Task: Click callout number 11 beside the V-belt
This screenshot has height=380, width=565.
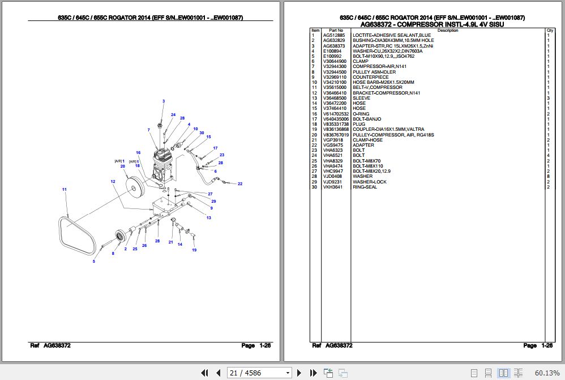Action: (x=65, y=189)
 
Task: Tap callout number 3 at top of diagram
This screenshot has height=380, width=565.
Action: (x=163, y=101)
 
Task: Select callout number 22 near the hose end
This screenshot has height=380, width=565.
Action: (x=239, y=184)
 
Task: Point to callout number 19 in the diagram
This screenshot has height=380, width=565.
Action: (x=194, y=250)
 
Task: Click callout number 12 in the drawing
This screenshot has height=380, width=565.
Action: (x=113, y=181)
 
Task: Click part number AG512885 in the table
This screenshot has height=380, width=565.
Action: (x=332, y=36)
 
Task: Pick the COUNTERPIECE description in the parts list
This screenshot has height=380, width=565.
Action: (x=370, y=77)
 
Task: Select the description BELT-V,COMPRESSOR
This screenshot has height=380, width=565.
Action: (x=377, y=88)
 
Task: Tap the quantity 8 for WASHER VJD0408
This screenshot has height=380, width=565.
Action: (x=549, y=176)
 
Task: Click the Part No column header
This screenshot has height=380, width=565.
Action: (x=336, y=31)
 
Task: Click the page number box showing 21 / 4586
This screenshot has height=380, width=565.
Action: (x=259, y=373)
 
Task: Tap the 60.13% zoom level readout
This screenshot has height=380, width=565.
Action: (x=547, y=373)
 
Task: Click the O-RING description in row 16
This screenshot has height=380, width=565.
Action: (x=361, y=114)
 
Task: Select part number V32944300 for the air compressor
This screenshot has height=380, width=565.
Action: (x=334, y=67)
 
